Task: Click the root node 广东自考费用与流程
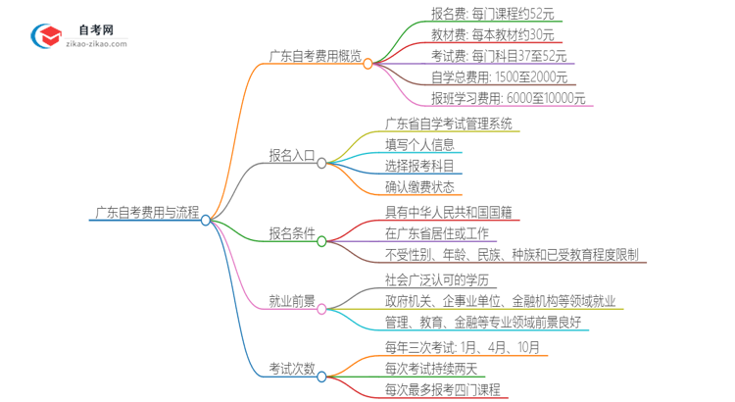click(147, 212)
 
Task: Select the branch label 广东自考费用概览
click(315, 56)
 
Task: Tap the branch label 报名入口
click(292, 155)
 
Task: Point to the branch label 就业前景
click(292, 301)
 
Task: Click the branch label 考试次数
click(292, 369)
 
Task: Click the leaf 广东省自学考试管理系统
click(449, 125)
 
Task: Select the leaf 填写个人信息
click(418, 145)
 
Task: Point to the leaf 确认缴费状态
click(418, 186)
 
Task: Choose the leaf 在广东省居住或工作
click(437, 234)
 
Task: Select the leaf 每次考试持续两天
click(430, 369)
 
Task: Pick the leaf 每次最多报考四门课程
click(443, 389)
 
